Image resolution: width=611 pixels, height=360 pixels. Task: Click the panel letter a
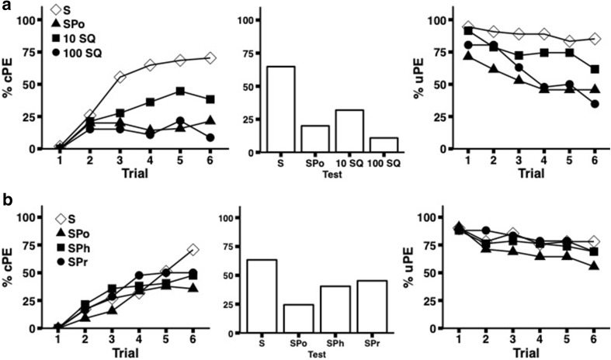pos(6,5)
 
